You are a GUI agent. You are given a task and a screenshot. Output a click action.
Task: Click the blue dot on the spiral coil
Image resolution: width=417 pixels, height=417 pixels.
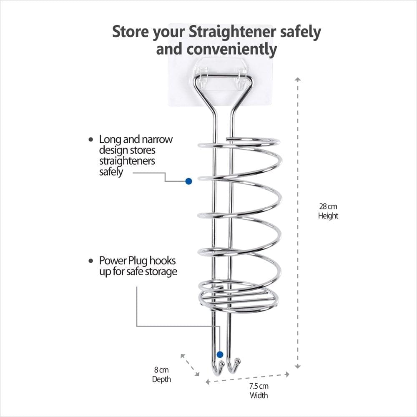tap(188, 181)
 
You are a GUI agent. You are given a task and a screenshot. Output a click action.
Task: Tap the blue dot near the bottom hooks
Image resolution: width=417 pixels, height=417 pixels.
tap(220, 354)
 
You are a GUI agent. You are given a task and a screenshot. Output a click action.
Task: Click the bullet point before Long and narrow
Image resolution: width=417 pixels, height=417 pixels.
tap(91, 140)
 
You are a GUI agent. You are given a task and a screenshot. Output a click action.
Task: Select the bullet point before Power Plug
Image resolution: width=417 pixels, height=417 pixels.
tap(91, 261)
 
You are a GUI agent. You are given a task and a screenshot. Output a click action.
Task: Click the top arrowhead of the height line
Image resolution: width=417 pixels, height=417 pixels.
tap(297, 79)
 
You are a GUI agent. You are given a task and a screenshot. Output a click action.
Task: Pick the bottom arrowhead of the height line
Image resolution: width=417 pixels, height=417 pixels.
tap(297, 366)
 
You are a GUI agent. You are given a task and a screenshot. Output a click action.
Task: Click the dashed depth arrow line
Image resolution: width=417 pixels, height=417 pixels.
tap(190, 364)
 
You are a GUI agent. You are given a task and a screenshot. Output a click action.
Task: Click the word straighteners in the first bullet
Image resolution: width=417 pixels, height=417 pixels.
tap(127, 161)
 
